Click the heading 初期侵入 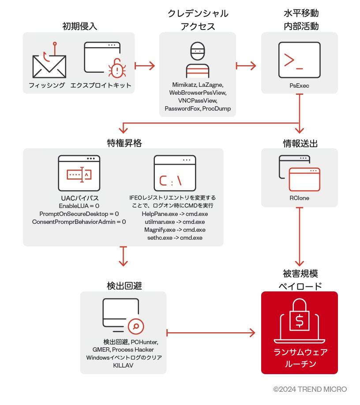point(79,26)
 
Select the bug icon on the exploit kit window point(116,69)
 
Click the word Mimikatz point(184,85)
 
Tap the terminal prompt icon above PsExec point(299,60)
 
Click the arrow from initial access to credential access point(145,66)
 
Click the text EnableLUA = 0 point(79,206)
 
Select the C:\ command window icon point(174,173)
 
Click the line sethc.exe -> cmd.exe point(175,238)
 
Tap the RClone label point(299,198)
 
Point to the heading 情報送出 point(300,143)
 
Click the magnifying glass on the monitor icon point(136,327)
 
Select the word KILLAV point(124,365)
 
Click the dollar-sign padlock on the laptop point(300,316)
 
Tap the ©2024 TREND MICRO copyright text point(310,389)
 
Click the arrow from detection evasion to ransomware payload point(212,332)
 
